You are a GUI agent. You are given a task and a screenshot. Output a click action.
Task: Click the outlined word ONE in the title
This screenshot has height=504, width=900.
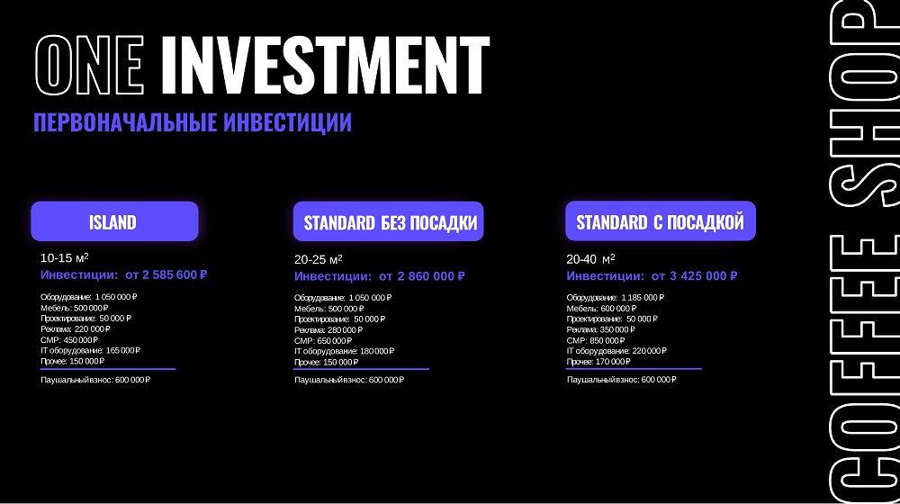[x=89, y=65]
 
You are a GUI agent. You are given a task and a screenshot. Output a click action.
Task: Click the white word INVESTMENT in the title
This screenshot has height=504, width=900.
[x=325, y=65]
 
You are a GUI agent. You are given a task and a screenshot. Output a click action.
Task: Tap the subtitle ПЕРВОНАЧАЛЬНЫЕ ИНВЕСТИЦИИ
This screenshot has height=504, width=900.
[x=193, y=122]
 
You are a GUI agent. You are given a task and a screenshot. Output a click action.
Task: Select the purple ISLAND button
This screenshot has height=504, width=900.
[x=114, y=221]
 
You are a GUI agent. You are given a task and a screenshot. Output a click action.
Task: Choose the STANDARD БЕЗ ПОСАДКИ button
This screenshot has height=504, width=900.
[x=389, y=221]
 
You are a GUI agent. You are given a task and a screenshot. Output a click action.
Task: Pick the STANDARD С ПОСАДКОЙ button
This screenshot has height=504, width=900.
[x=661, y=221]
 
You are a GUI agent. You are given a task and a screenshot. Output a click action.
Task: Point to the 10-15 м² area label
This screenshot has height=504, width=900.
[x=64, y=257]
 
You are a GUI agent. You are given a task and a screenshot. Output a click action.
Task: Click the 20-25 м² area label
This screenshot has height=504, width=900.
[x=319, y=259]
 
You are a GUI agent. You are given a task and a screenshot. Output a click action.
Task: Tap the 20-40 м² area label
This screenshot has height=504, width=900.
[x=590, y=259]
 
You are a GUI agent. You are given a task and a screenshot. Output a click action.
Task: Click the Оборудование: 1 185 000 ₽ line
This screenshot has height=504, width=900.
[x=616, y=297]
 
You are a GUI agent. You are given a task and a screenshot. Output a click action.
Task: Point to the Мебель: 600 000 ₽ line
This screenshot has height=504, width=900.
[x=601, y=309]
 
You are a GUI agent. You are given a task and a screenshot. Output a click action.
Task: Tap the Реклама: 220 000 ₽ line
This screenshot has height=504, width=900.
[x=76, y=328]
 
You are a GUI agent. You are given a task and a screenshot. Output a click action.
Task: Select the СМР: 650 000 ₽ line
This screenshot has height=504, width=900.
[x=323, y=340]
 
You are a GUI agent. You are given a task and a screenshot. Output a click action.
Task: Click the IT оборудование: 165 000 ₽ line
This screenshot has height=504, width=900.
[x=90, y=350]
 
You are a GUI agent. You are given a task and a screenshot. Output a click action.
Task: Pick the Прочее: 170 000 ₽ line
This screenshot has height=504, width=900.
[x=598, y=362]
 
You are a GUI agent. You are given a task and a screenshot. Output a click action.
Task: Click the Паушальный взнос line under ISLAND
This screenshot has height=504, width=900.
[x=95, y=380]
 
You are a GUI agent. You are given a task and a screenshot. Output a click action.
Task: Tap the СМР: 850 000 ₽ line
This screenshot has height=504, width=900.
[x=595, y=340]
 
